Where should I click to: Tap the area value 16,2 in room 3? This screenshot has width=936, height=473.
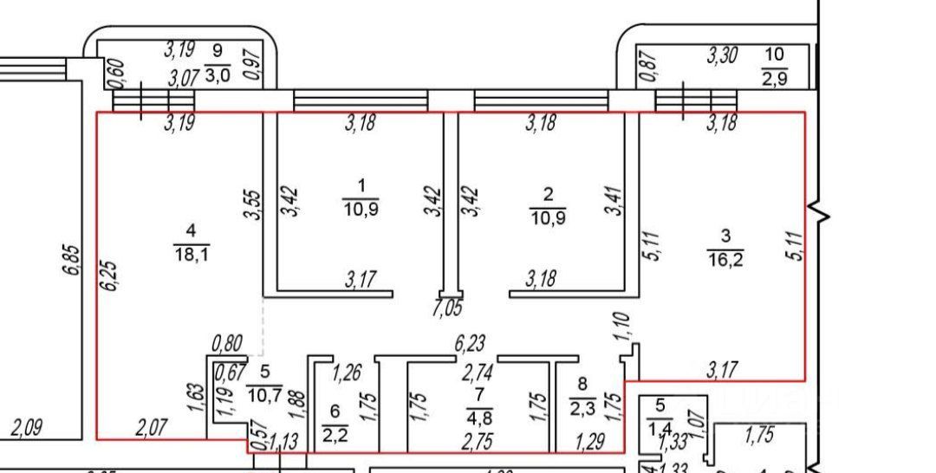click(726, 258)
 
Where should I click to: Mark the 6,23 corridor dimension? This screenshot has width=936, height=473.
click(469, 344)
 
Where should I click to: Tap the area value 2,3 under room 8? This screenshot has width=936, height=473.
click(582, 404)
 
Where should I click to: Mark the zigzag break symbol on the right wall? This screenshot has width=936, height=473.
click(820, 212)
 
